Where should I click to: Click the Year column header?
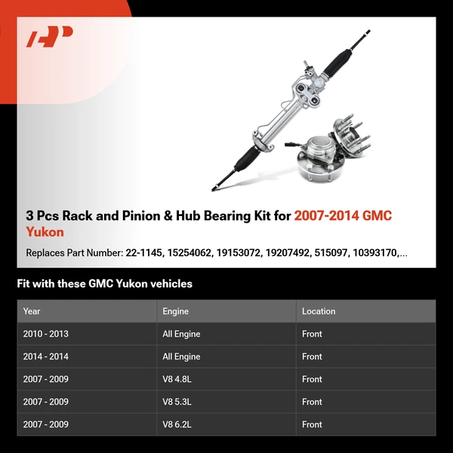pyautogui.click(x=32, y=311)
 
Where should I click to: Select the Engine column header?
pyautogui.click(x=175, y=311)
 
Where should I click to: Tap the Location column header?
pyautogui.click(x=318, y=311)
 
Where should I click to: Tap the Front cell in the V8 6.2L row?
pyautogui.click(x=312, y=424)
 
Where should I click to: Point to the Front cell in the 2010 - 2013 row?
pyautogui.click(x=312, y=334)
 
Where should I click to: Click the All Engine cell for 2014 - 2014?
pyautogui.click(x=181, y=356)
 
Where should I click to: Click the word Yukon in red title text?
pyautogui.click(x=45, y=232)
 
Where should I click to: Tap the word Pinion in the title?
pyautogui.click(x=143, y=216)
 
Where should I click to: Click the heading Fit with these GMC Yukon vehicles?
pyautogui.click(x=104, y=284)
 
